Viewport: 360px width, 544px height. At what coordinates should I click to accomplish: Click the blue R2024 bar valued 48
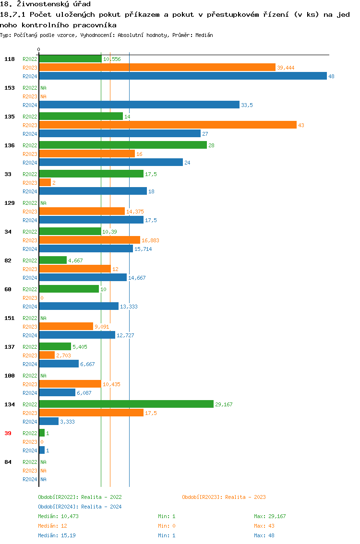click(182, 76)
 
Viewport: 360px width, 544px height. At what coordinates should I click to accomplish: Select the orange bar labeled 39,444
click(157, 68)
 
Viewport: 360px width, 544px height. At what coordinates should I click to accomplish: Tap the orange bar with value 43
click(168, 125)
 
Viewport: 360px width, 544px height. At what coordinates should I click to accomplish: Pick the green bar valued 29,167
click(126, 404)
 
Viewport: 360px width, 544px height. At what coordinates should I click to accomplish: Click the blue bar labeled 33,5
click(139, 105)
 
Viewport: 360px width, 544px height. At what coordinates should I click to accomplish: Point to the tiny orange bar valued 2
click(45, 183)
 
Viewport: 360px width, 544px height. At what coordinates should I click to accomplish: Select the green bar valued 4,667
click(53, 260)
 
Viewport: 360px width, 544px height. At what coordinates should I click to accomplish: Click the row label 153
click(9, 88)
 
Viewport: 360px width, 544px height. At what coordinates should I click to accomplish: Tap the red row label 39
click(8, 433)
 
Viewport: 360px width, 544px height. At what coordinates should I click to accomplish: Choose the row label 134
click(9, 404)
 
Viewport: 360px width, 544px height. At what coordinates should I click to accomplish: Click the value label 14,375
click(135, 212)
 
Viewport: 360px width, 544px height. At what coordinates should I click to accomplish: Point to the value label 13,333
click(129, 307)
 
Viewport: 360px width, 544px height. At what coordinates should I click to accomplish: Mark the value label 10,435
click(111, 384)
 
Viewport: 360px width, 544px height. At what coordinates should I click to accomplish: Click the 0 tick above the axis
click(39, 49)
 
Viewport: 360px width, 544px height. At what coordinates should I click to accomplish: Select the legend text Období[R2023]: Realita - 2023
click(224, 497)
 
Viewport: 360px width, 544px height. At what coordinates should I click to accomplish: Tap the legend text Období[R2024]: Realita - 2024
click(80, 507)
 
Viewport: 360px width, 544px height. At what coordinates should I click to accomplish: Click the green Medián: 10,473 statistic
click(58, 516)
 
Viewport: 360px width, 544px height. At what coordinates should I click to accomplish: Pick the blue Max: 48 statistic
click(264, 535)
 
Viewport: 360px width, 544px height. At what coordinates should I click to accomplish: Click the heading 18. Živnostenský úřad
click(45, 4)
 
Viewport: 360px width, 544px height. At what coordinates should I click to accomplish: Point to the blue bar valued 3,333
click(48, 422)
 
